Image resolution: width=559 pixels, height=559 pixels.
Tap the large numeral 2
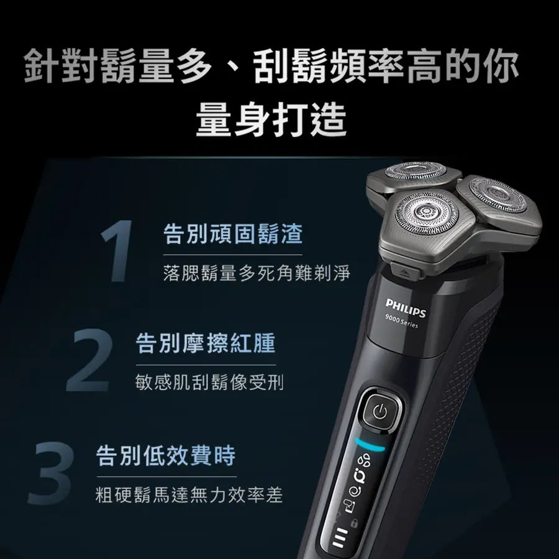coord(89,360)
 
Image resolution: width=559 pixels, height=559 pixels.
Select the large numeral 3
coord(52,473)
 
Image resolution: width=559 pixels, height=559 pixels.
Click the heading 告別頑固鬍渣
coord(233,234)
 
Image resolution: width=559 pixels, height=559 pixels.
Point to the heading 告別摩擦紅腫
coord(206,343)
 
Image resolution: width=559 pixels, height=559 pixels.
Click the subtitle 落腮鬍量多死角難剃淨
coord(257,273)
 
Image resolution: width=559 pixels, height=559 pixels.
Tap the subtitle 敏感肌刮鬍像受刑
coord(210,382)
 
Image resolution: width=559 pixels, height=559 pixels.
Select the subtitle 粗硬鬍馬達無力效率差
coord(189,495)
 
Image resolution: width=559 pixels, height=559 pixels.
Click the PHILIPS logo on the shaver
coord(406,308)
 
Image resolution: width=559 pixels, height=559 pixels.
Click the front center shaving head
coord(426,213)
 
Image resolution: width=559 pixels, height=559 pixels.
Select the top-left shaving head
coord(416,171)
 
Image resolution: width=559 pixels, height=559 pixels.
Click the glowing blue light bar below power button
coord(370,445)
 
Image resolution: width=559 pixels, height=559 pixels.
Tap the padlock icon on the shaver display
coord(354,524)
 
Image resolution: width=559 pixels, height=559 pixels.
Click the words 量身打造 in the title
coord(271,119)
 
